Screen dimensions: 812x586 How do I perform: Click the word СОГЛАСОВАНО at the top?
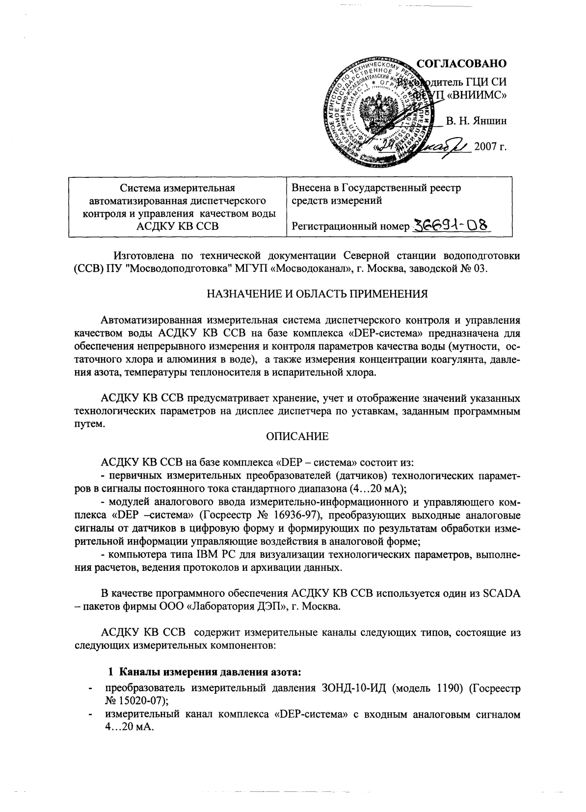point(461,64)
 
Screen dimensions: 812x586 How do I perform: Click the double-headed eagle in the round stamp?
point(378,112)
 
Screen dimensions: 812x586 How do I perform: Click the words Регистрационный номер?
point(350,226)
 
